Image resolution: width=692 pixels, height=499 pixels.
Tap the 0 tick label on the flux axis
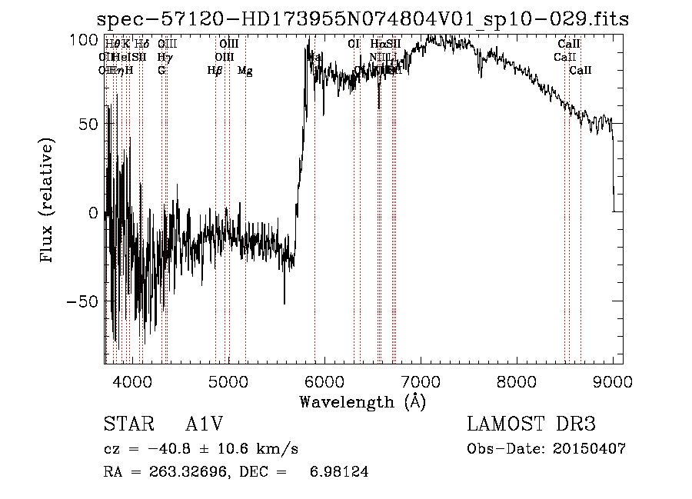pos(94,213)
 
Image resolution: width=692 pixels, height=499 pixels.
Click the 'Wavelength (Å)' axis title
pos(362,401)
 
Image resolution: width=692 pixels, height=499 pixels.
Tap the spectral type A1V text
pos(204,424)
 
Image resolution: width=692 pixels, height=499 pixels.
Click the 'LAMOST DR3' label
pos(531,424)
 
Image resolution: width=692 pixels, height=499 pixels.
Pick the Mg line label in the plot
pos(245,71)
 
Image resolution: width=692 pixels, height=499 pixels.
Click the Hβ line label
pos(215,71)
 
